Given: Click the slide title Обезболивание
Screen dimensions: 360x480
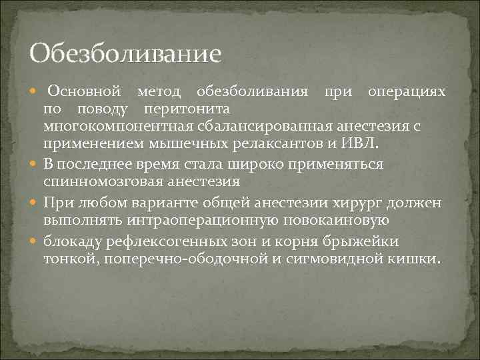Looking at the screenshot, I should click(125, 53).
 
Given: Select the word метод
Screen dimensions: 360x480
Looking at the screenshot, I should click(158, 91).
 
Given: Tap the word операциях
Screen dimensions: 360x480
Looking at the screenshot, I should click(407, 91).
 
